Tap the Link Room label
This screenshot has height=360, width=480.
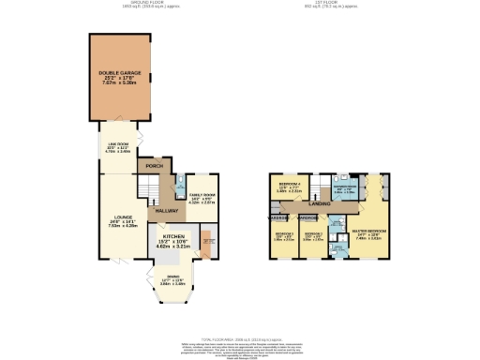[117, 142]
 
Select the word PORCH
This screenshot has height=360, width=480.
[150, 169]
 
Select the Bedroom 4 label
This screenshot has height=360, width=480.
[289, 187]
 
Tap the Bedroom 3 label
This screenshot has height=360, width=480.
[284, 236]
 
